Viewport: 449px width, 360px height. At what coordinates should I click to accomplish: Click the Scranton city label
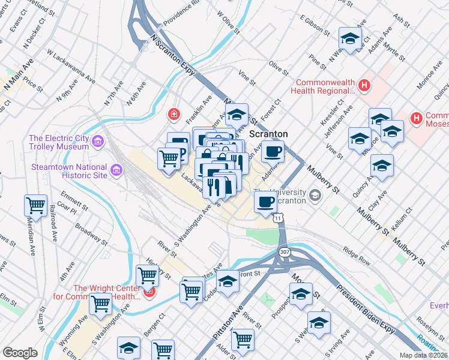pos(268,134)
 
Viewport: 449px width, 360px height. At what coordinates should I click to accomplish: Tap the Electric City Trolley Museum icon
pos(98,142)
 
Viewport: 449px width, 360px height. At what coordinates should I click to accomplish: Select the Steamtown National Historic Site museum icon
pos(116,172)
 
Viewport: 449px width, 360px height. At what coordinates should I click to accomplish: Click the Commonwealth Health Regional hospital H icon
pos(363,85)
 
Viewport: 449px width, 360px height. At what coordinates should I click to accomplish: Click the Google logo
pos(20,353)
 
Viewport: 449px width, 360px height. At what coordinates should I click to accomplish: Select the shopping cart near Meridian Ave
pos(36,205)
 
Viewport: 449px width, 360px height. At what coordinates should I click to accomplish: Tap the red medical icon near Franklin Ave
pos(174,113)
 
